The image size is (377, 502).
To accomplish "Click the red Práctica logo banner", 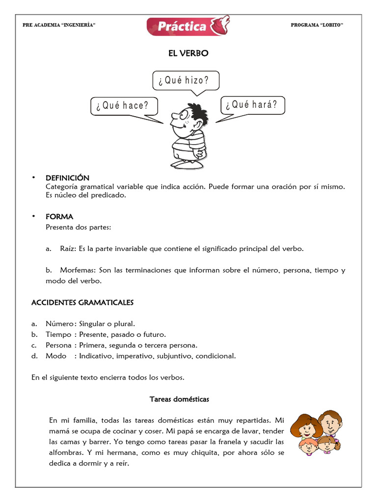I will click(x=188, y=26).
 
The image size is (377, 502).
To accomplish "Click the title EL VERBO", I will click(x=188, y=53).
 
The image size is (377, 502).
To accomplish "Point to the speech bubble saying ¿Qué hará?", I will click(x=252, y=104).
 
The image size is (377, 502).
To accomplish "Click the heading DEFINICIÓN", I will click(x=67, y=178).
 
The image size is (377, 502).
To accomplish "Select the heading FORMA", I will click(x=59, y=216).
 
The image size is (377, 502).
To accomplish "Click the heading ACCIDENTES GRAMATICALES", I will click(x=82, y=302).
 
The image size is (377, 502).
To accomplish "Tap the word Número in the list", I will click(x=59, y=324).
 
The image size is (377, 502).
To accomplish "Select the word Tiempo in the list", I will click(x=59, y=334).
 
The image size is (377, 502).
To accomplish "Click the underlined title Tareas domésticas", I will click(x=179, y=399).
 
